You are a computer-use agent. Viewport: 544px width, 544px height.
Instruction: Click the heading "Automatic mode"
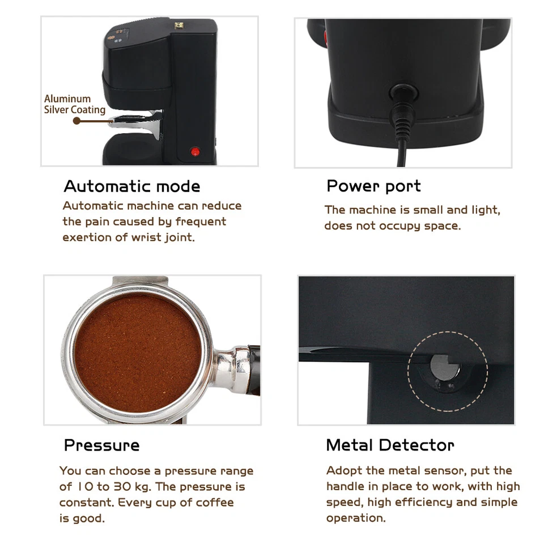pos(131,186)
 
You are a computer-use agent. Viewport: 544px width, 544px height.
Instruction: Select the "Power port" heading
pos(373,186)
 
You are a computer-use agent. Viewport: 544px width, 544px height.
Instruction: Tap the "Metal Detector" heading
pos(390,445)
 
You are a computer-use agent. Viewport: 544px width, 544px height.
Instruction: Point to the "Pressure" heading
pos(101,445)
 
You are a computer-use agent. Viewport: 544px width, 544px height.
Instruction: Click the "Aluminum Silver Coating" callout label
pos(74,104)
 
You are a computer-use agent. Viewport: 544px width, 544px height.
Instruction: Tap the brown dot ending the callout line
pos(76,121)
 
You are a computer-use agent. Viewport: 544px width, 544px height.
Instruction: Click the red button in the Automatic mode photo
pos(195,151)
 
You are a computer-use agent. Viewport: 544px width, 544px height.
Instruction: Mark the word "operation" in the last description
pos(355,518)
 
